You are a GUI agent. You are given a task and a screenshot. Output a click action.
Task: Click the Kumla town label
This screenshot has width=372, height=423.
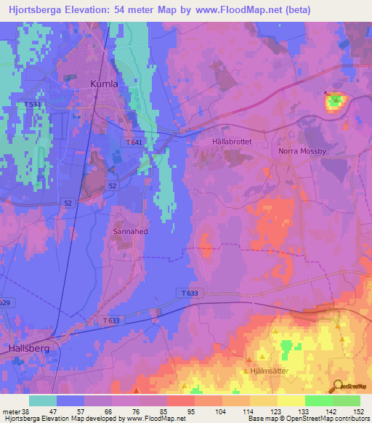[104, 84]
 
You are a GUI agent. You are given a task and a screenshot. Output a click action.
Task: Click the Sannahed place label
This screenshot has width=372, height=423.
[131, 231]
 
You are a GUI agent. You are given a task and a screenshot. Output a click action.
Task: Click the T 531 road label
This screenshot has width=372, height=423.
[33, 105]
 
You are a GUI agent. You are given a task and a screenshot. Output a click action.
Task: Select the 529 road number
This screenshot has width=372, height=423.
[5, 302]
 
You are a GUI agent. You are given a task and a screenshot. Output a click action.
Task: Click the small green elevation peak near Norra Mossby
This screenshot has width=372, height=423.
[334, 102]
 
